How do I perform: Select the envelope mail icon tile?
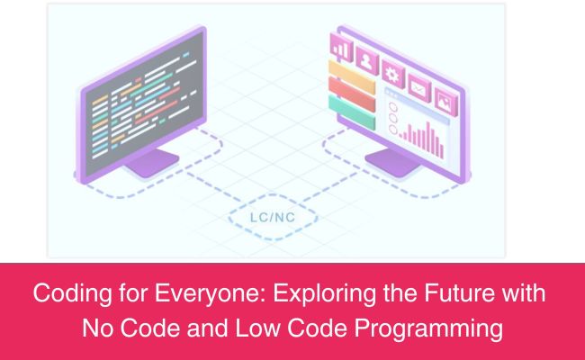[418, 85]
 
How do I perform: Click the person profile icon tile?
[367, 59]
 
